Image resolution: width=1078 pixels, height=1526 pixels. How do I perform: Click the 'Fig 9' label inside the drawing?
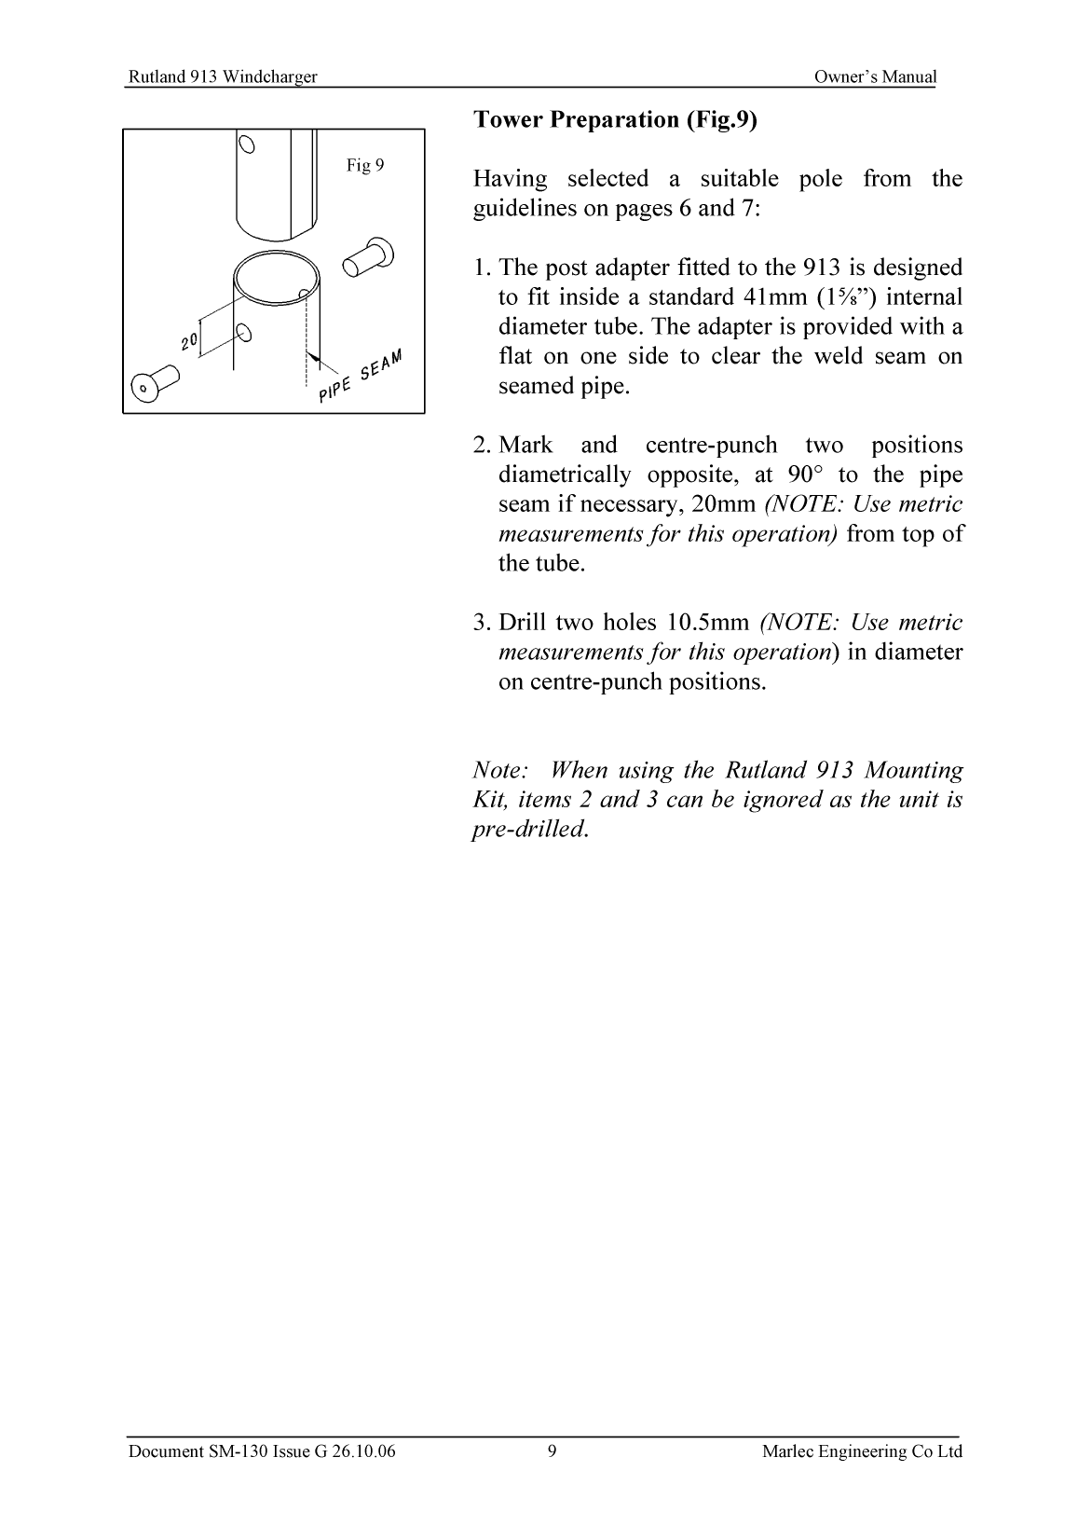tap(364, 166)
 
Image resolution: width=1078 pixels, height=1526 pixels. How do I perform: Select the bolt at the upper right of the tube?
tap(367, 258)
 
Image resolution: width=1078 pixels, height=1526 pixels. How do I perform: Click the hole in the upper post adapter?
tap(247, 144)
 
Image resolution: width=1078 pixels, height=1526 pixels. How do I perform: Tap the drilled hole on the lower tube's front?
tap(243, 332)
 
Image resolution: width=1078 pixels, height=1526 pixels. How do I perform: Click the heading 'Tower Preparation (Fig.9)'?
tap(616, 119)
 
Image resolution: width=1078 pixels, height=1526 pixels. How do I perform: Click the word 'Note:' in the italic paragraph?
tap(501, 770)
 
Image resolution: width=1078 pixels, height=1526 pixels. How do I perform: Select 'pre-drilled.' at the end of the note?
tap(531, 829)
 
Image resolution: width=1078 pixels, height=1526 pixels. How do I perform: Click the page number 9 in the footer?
tap(553, 1450)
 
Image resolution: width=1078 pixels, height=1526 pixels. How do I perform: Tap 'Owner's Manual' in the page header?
tap(874, 77)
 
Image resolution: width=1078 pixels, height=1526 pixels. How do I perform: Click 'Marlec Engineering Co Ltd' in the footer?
tap(862, 1450)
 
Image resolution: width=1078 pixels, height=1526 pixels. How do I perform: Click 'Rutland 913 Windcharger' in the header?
tap(222, 77)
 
